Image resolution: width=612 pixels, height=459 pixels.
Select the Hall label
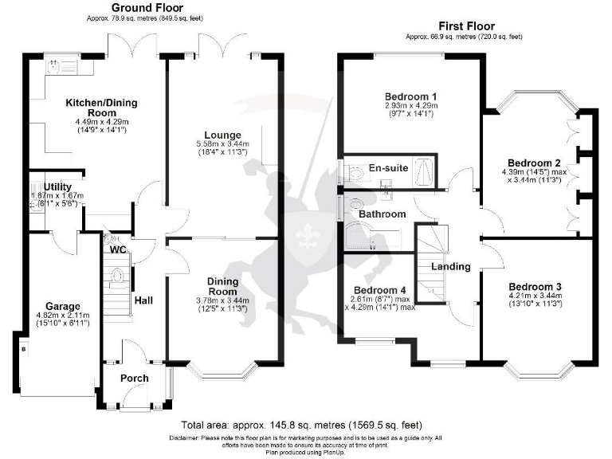[x=143, y=300]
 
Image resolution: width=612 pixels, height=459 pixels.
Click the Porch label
[x=134, y=378]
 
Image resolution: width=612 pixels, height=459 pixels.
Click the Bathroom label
[x=382, y=214]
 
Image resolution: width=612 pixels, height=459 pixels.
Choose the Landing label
[x=451, y=267]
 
